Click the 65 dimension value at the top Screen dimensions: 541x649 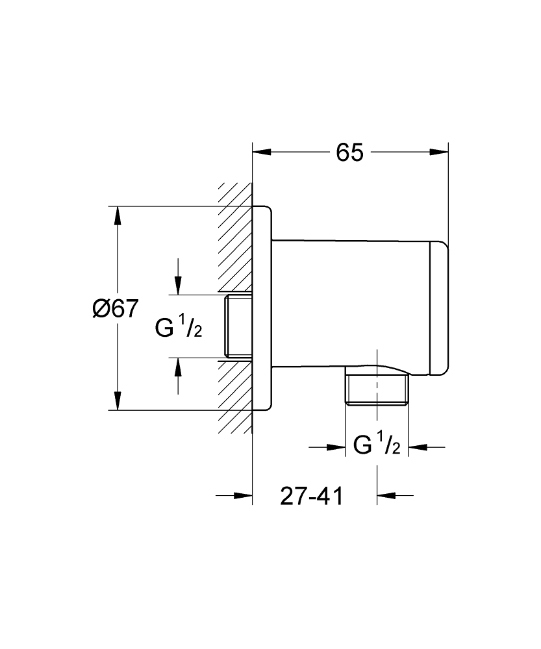(349, 153)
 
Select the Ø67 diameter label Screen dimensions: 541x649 (115, 309)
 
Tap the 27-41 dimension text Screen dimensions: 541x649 (312, 496)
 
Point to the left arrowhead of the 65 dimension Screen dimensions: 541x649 (262, 153)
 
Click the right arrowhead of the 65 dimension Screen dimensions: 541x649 (439, 153)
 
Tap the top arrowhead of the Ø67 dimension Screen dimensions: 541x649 (118, 215)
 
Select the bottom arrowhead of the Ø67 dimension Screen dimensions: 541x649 (118, 400)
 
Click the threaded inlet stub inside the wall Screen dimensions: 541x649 (238, 326)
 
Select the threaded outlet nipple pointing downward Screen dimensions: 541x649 (377, 389)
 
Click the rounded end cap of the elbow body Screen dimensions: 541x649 (440, 308)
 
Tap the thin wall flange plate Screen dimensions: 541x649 (262, 308)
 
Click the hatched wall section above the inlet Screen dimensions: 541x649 (235, 237)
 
